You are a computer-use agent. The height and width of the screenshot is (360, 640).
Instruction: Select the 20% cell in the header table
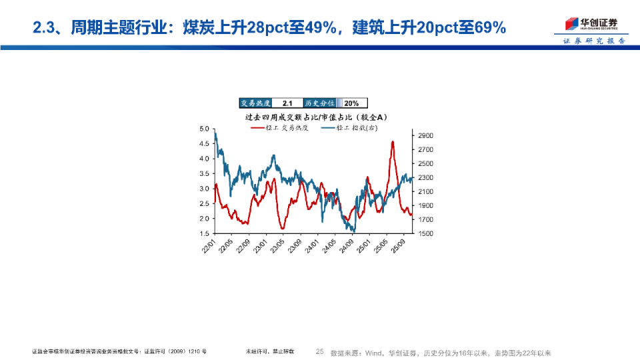(351, 103)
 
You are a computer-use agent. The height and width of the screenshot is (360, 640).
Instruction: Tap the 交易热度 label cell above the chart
(256, 103)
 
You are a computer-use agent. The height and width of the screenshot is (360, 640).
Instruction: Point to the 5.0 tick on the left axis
(205, 128)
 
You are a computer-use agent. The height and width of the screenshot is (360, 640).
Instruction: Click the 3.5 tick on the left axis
(205, 173)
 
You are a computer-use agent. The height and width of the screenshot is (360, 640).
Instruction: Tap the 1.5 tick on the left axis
(205, 233)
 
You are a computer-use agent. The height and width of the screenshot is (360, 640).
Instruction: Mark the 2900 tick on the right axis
(426, 135)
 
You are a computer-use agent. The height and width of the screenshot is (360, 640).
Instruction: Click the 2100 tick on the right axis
(426, 191)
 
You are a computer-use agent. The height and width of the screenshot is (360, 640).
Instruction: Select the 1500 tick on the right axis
(426, 233)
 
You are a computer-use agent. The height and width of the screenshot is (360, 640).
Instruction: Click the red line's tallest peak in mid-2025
(393, 141)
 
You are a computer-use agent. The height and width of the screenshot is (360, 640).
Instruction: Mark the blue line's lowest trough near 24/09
(353, 231)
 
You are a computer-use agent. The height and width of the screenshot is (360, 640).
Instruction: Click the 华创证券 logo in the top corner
(591, 24)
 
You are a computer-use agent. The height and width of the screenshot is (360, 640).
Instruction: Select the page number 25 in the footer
(319, 352)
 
